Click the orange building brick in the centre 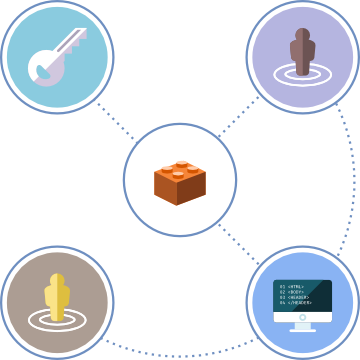click(180, 181)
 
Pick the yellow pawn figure click(57, 298)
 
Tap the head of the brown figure click(301, 36)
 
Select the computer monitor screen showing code click(302, 298)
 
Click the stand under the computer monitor click(302, 324)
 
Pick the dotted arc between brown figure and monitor click(353, 180)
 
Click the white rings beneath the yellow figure click(57, 320)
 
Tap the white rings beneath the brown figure click(301, 74)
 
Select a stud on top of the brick click(181, 165)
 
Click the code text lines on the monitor click(294, 294)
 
